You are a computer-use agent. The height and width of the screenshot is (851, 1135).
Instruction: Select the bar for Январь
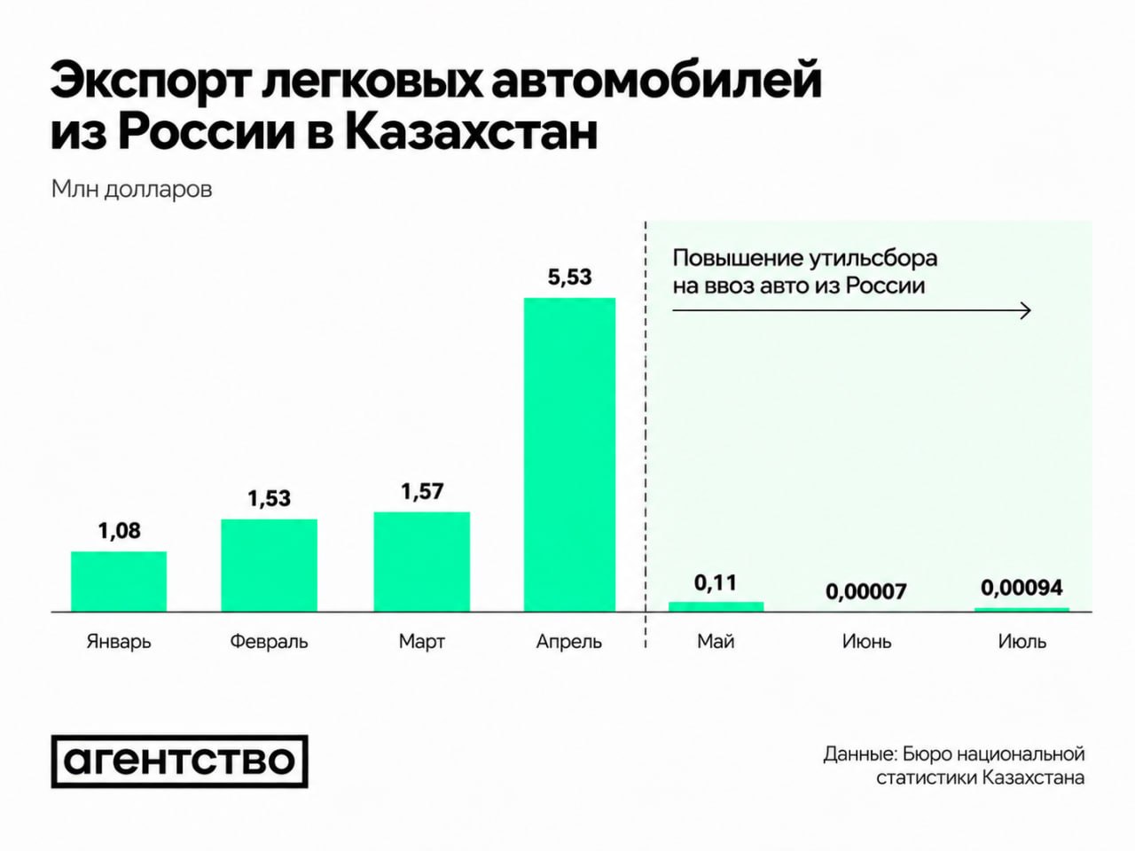coord(119,582)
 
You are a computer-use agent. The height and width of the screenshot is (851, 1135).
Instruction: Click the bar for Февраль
coord(269,566)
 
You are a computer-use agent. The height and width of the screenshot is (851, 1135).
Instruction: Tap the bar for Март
coord(422,562)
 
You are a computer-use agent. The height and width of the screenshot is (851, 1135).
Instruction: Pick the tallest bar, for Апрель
coord(570,456)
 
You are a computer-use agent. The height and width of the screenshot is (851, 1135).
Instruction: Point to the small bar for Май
coord(716,607)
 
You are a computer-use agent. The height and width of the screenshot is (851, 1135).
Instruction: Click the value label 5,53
coord(570,277)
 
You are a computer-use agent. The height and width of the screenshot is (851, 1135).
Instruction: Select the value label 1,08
coord(120,531)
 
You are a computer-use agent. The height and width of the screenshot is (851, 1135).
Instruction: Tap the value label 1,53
coord(270,498)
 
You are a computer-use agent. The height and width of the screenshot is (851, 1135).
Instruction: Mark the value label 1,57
coord(422,491)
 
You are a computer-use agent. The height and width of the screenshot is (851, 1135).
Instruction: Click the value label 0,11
coord(716,582)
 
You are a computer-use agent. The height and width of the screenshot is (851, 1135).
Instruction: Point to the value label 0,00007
coord(866,591)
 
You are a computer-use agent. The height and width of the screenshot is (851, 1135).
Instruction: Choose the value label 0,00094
coord(1021,588)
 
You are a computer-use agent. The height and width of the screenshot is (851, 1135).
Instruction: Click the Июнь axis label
coord(867,642)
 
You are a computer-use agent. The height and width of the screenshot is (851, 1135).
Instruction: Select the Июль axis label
coord(1022,642)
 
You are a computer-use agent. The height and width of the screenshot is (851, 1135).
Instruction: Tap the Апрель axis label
coord(569,643)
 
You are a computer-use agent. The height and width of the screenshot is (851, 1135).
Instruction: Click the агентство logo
coord(179,761)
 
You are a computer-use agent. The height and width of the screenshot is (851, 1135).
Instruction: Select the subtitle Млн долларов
coord(132,190)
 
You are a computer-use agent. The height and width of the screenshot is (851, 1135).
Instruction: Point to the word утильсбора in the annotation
coord(873,258)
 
